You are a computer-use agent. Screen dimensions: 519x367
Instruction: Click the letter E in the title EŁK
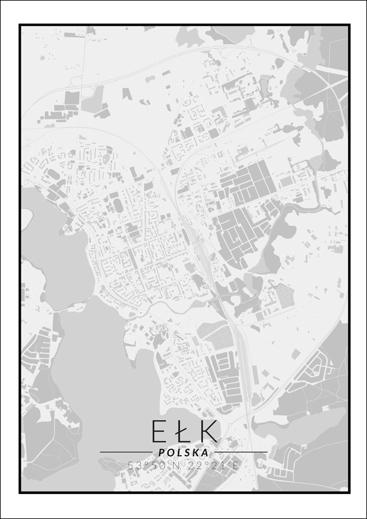[x=158, y=430]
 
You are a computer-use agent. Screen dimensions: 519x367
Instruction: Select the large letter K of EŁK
[x=207, y=430]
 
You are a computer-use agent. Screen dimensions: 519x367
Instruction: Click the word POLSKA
[x=183, y=453]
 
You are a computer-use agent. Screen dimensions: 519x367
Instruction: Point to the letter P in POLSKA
[x=162, y=453]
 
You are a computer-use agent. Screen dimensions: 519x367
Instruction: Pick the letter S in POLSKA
[x=186, y=453]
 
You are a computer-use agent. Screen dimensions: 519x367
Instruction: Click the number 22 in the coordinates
[x=194, y=465]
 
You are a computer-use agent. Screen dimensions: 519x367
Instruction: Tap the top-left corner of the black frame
[x=20, y=25]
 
